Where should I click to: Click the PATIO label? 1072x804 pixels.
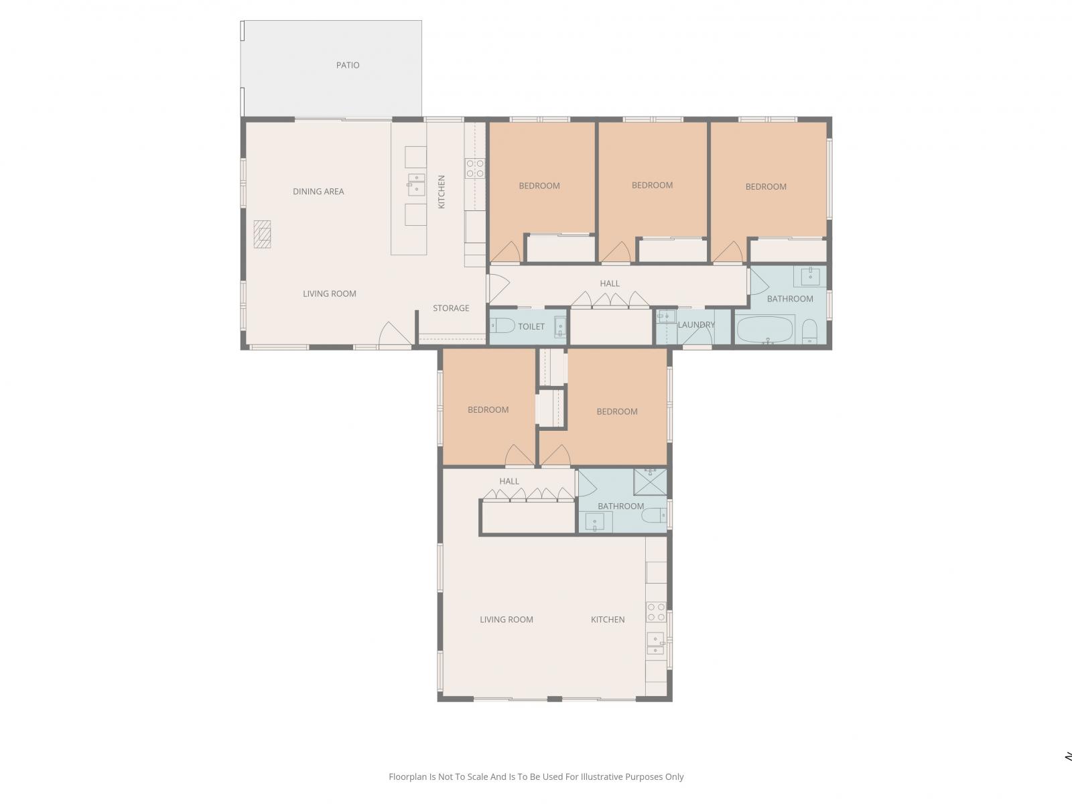click(347, 65)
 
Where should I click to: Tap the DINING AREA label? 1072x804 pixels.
click(318, 192)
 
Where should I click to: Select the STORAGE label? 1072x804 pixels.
click(451, 308)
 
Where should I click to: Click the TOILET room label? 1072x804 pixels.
click(531, 326)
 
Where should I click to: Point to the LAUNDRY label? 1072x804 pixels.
click(696, 325)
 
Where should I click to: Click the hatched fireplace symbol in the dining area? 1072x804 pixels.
click(262, 234)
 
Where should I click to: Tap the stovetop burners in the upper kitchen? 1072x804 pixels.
click(475, 168)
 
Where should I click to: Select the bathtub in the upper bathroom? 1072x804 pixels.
click(765, 330)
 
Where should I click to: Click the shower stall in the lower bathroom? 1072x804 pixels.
click(650, 482)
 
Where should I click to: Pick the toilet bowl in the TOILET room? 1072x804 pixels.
click(502, 326)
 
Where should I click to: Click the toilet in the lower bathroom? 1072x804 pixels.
click(654, 515)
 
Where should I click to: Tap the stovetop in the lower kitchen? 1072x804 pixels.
click(656, 612)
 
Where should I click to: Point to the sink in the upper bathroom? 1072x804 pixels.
click(810, 276)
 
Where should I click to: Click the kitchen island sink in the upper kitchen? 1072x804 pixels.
click(416, 184)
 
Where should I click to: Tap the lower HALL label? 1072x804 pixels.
click(509, 481)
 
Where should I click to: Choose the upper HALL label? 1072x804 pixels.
click(610, 283)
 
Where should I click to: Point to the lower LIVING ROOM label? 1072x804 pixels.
click(507, 620)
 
